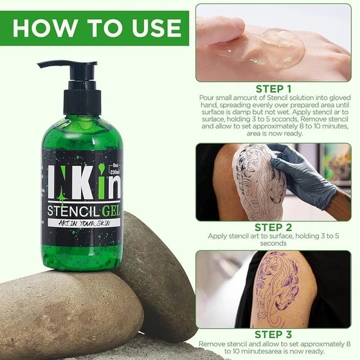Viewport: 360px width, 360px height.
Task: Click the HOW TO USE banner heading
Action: (x=97, y=28)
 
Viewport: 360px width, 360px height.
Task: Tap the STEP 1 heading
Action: (x=273, y=89)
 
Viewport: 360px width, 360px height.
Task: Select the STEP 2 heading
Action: (x=273, y=228)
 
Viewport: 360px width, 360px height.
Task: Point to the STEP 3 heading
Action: (x=273, y=334)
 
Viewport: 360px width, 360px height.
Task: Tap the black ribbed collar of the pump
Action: (x=82, y=102)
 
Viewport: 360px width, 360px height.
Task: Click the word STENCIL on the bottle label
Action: (x=73, y=211)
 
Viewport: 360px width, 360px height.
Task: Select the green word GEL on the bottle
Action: (x=111, y=211)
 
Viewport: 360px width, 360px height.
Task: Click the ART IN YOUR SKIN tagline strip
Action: (x=84, y=222)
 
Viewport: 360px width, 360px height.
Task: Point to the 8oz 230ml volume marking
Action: (x=114, y=169)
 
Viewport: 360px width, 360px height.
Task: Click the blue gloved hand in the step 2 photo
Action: (x=303, y=174)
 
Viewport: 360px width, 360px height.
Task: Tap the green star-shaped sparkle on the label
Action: (x=62, y=197)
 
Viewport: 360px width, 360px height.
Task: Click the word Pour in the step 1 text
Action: (x=207, y=98)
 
